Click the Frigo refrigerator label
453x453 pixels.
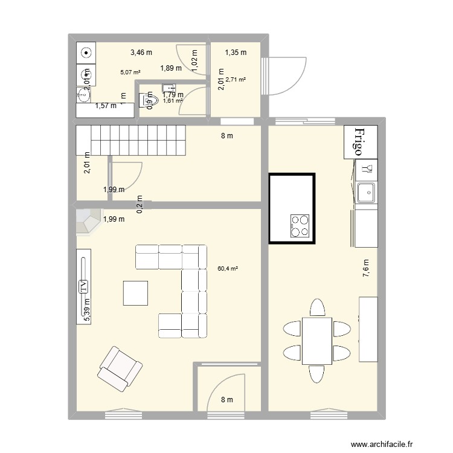(360, 142)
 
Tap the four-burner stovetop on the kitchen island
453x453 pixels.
(300, 226)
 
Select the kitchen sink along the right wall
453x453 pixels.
(365, 193)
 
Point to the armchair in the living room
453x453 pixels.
(120, 367)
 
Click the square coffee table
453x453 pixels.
(135, 294)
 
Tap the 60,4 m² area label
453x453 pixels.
(227, 269)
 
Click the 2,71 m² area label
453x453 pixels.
(236, 79)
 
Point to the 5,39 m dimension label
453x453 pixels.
(87, 310)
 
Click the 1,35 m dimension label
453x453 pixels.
(236, 53)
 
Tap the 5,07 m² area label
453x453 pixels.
(130, 72)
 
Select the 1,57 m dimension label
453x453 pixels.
(106, 106)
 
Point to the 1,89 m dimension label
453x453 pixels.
(171, 68)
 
